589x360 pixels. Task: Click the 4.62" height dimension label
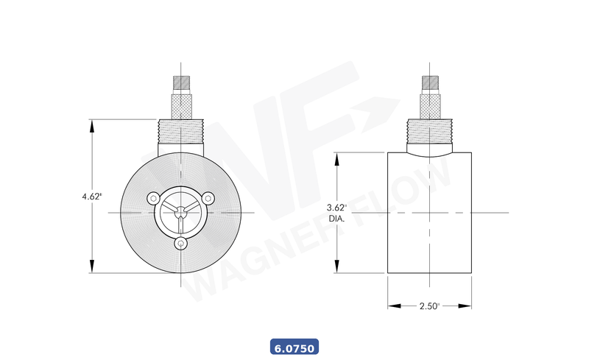91,197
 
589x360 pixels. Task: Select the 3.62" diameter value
336,208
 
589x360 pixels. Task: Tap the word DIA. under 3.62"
336,219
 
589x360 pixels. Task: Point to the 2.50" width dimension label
428,306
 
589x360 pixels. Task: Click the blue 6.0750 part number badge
294,346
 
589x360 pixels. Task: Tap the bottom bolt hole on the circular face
181,243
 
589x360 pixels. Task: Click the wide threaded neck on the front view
181,135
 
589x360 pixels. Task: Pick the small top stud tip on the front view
181,82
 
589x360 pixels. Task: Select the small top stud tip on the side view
429,82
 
